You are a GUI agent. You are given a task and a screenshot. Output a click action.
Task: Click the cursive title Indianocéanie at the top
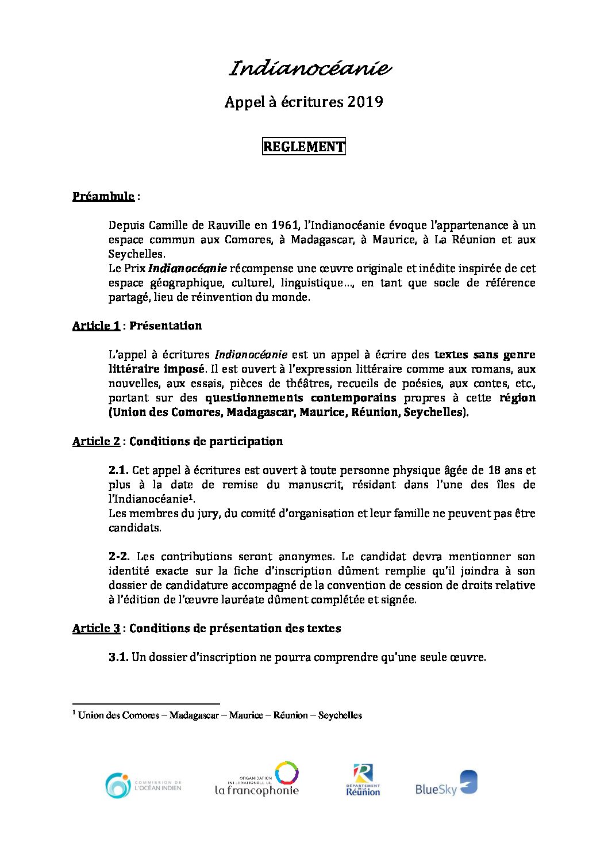[x=310, y=69]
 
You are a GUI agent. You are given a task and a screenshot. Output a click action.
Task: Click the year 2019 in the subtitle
[x=365, y=102]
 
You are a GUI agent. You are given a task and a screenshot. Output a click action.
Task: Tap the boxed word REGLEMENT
[x=303, y=147]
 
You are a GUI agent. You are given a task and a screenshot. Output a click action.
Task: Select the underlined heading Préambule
[x=103, y=196]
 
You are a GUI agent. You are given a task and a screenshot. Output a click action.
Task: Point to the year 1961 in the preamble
[x=285, y=225]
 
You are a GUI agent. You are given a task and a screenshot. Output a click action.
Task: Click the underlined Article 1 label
[x=96, y=326]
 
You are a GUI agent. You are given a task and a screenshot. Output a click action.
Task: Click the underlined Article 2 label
[x=96, y=441]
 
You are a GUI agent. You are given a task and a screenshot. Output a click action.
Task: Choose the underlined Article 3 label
[x=96, y=628]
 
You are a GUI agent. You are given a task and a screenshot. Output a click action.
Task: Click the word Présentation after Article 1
[x=166, y=326]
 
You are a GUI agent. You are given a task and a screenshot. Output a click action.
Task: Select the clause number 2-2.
[x=119, y=556]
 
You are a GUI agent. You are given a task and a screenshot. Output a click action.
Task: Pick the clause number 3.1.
[x=118, y=657]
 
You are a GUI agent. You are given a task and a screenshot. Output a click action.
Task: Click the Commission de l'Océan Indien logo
[x=143, y=785]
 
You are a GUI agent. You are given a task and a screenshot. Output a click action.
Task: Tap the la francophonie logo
[x=257, y=780]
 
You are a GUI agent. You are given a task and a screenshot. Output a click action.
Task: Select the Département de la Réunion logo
[x=363, y=780]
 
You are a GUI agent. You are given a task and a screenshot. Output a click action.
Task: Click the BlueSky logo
[x=446, y=783]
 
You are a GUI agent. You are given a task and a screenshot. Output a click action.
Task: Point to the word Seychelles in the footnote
[x=340, y=715]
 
